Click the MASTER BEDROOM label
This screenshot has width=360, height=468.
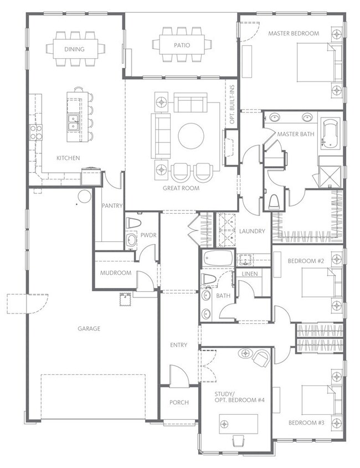pyautogui.click(x=294, y=33)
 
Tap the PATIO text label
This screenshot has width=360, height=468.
pyautogui.click(x=182, y=45)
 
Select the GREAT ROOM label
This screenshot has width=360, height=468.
pyautogui.click(x=181, y=188)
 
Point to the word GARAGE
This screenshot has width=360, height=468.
pyautogui.click(x=89, y=328)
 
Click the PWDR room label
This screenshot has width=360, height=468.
pyautogui.click(x=148, y=235)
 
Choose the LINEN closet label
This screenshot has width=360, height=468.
pyautogui.click(x=250, y=274)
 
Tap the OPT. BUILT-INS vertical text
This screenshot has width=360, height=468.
pyautogui.click(x=232, y=105)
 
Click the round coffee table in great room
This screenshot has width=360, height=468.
pyautogui.click(x=191, y=136)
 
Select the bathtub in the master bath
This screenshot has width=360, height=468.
pyautogui.click(x=330, y=133)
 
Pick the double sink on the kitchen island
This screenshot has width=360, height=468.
pyautogui.click(x=73, y=122)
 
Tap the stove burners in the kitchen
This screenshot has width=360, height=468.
pyautogui.click(x=36, y=132)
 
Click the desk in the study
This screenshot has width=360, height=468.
pyautogui.click(x=239, y=424)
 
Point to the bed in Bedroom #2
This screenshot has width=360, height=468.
pyautogui.click(x=321, y=282)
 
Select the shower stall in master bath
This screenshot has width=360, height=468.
pyautogui.click(x=330, y=177)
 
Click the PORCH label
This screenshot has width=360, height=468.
pyautogui.click(x=179, y=402)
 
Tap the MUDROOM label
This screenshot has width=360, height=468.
pyautogui.click(x=116, y=273)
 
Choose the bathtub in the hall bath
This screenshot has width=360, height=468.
pyautogui.click(x=218, y=258)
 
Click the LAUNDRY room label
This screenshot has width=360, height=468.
pyautogui.click(x=252, y=231)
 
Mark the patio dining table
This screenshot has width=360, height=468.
pyautogui.click(x=182, y=45)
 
